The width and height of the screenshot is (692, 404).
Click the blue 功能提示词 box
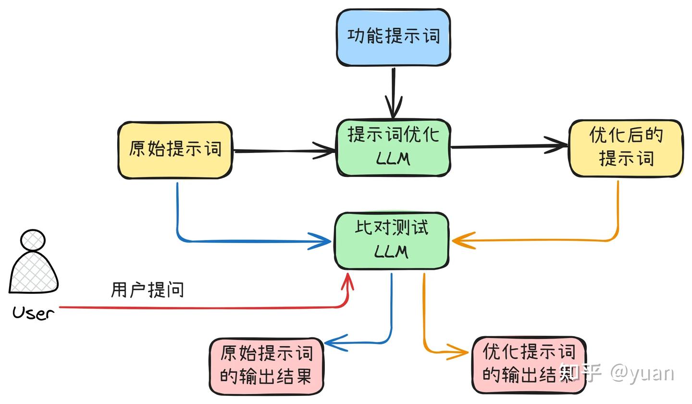coord(393,37)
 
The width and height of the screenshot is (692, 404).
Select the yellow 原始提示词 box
coord(175,150)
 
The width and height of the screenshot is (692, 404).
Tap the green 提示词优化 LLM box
coord(393,147)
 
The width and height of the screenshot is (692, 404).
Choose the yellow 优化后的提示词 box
coord(626,148)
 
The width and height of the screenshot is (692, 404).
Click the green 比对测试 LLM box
coord(392,240)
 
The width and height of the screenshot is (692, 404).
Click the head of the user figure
coord(33,240)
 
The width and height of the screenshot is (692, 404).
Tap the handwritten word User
coord(33,314)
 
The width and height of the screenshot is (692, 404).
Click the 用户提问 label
coord(148,290)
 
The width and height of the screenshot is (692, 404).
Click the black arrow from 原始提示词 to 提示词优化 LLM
coord(284,151)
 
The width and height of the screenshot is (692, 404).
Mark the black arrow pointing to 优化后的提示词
coord(509,146)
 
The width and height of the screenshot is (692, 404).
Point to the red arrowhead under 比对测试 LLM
coord(347,283)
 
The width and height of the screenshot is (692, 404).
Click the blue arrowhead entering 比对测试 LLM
coord(320,241)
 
